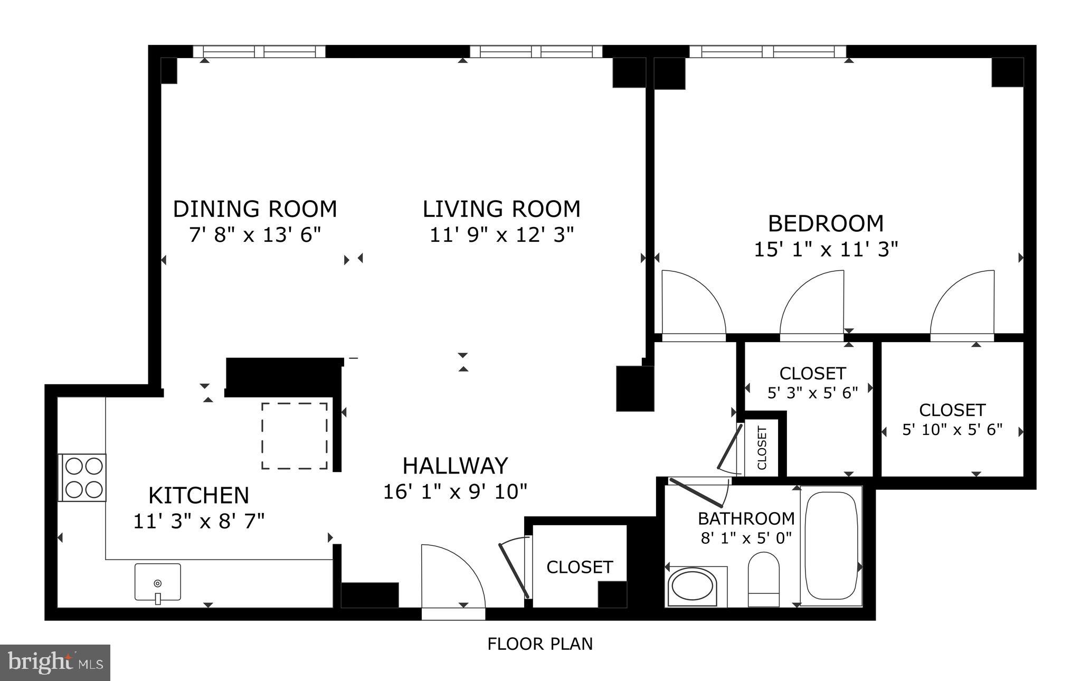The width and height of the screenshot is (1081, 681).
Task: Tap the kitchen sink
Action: click(x=157, y=582)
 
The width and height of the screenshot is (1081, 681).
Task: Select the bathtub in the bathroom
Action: click(x=831, y=545)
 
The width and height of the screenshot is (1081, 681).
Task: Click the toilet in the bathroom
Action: click(x=763, y=579)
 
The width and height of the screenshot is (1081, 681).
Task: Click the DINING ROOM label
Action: click(x=255, y=209)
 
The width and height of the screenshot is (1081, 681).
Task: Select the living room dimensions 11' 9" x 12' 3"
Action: click(x=501, y=234)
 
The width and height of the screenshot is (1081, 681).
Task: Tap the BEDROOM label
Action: click(x=826, y=223)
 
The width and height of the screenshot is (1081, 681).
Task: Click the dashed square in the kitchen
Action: click(x=295, y=436)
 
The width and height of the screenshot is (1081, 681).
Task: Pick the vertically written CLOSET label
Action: click(x=762, y=448)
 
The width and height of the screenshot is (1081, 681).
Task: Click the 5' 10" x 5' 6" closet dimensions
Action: click(x=952, y=430)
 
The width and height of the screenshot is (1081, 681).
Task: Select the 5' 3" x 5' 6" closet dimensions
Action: click(x=812, y=393)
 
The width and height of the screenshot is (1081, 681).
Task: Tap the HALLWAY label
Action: click(x=455, y=466)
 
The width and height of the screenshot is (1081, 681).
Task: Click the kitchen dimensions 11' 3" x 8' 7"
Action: click(x=198, y=522)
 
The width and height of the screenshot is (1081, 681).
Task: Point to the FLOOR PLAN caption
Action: click(x=540, y=644)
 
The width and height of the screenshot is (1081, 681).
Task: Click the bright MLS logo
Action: click(x=55, y=663)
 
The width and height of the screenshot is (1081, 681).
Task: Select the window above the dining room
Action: click(x=259, y=51)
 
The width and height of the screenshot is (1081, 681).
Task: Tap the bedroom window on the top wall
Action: click(x=767, y=51)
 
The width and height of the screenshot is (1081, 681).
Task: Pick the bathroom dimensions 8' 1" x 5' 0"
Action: click(x=746, y=539)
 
